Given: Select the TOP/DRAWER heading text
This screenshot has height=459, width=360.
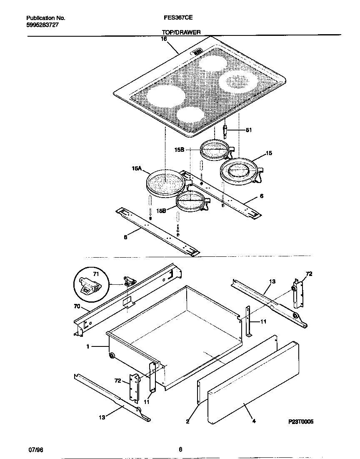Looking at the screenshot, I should click(181, 32).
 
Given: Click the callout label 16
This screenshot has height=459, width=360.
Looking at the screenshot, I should click(164, 39).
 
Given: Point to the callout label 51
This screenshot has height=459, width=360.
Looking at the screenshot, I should click(249, 130).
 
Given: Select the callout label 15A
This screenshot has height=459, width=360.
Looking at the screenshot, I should click(137, 169).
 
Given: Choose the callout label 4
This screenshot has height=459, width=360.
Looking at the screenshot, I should click(254, 421).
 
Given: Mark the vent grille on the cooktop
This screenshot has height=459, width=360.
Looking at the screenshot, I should click(197, 52).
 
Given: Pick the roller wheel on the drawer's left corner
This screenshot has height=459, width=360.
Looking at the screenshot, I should click(112, 355).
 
